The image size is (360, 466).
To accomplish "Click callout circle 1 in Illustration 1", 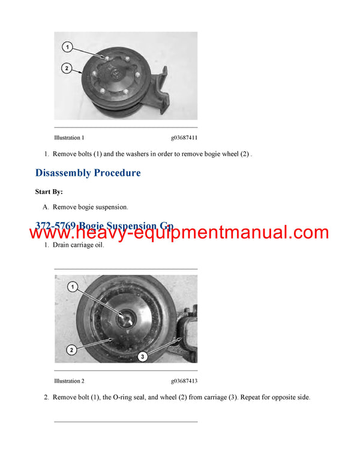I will point(68,46).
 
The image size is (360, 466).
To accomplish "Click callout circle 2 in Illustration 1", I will point(68,69).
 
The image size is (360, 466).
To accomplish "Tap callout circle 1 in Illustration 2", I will point(73,288).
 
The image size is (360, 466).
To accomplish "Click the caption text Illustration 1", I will point(69,138).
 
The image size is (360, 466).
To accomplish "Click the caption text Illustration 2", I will point(69,381).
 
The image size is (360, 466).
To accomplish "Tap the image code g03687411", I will point(184,138).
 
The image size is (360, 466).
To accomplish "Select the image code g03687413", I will point(184,381).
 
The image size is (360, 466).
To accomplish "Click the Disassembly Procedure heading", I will point(88,173).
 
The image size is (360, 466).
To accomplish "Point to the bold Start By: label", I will point(49,192).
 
